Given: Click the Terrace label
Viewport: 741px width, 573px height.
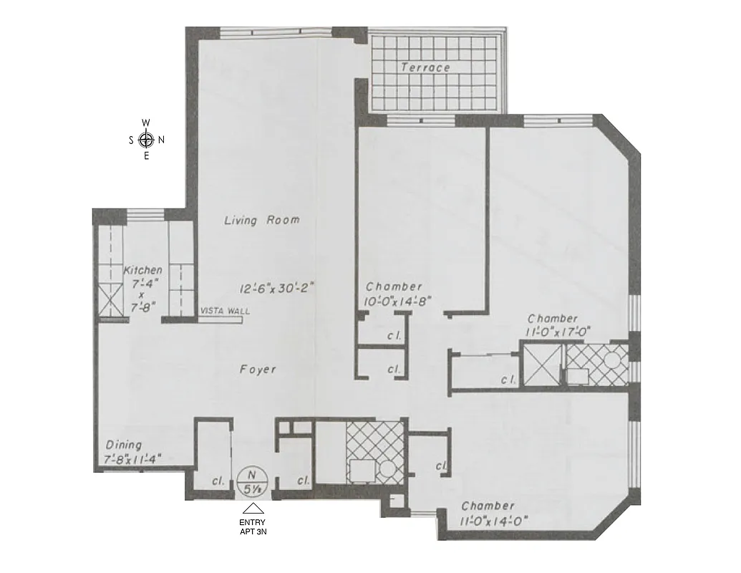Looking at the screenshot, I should point(425,67).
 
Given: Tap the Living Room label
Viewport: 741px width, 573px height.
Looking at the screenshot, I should point(261,221).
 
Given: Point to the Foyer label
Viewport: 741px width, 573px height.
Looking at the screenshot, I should point(258,370).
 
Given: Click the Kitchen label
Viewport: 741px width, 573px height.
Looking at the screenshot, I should point(143,270).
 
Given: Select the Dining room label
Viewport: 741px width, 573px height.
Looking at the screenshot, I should point(123,445).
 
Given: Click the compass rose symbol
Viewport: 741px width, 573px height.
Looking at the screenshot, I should point(147,139).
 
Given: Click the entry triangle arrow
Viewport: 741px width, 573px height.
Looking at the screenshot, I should point(251,509).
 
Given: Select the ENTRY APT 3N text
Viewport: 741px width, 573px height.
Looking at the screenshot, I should point(251,527).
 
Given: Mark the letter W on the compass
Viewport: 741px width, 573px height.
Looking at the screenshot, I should point(146,122).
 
